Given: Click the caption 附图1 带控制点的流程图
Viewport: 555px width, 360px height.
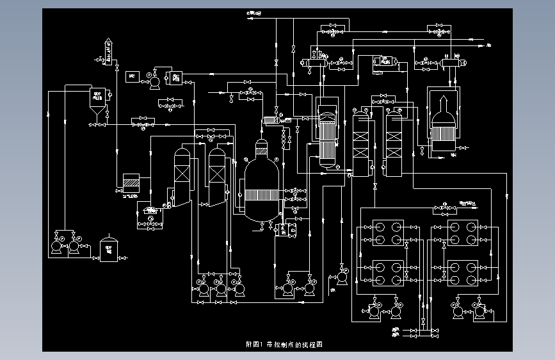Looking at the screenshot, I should pos(284,344).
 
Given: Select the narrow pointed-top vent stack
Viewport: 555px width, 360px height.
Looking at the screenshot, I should pos(108,51).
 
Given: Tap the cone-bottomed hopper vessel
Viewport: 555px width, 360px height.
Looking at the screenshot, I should pos(98,102).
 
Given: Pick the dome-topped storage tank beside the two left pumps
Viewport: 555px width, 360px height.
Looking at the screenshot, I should pos(108,249).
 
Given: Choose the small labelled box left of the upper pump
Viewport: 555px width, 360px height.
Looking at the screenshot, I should pos(133,76).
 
